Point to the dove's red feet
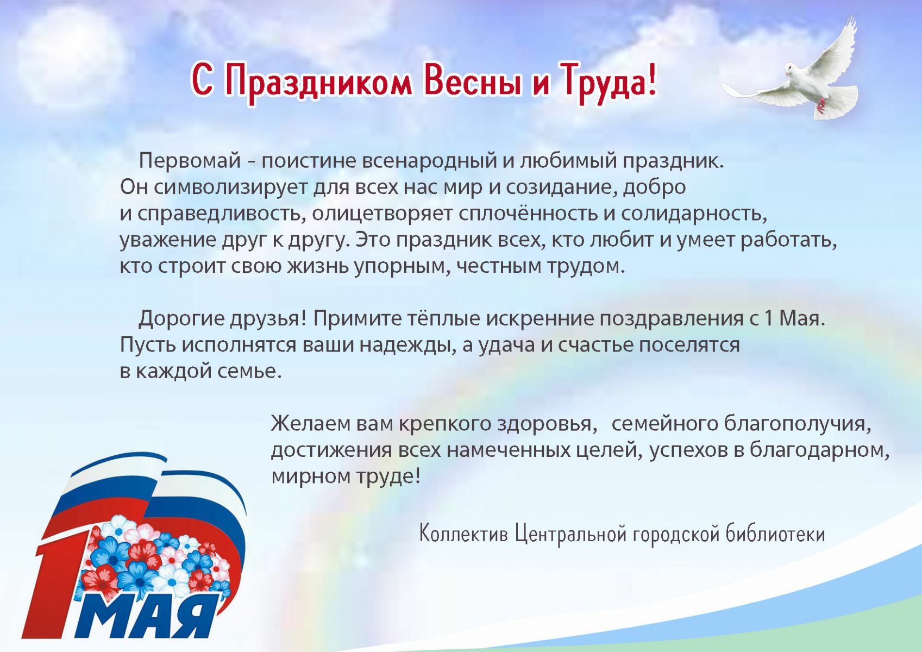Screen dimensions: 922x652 [821, 105]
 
